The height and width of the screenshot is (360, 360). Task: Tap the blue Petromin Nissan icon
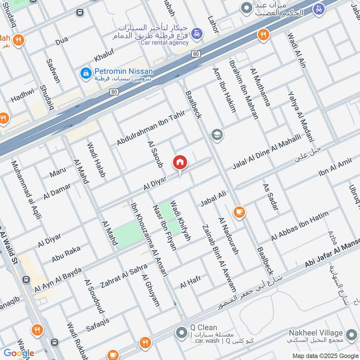tap(85, 72)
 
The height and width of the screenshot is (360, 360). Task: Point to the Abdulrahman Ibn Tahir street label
tap(144, 128)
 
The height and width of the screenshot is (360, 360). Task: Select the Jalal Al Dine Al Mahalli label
tap(266, 153)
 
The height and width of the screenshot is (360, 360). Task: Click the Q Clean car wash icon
tap(181, 333)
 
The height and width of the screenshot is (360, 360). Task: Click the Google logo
tap(18, 353)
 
